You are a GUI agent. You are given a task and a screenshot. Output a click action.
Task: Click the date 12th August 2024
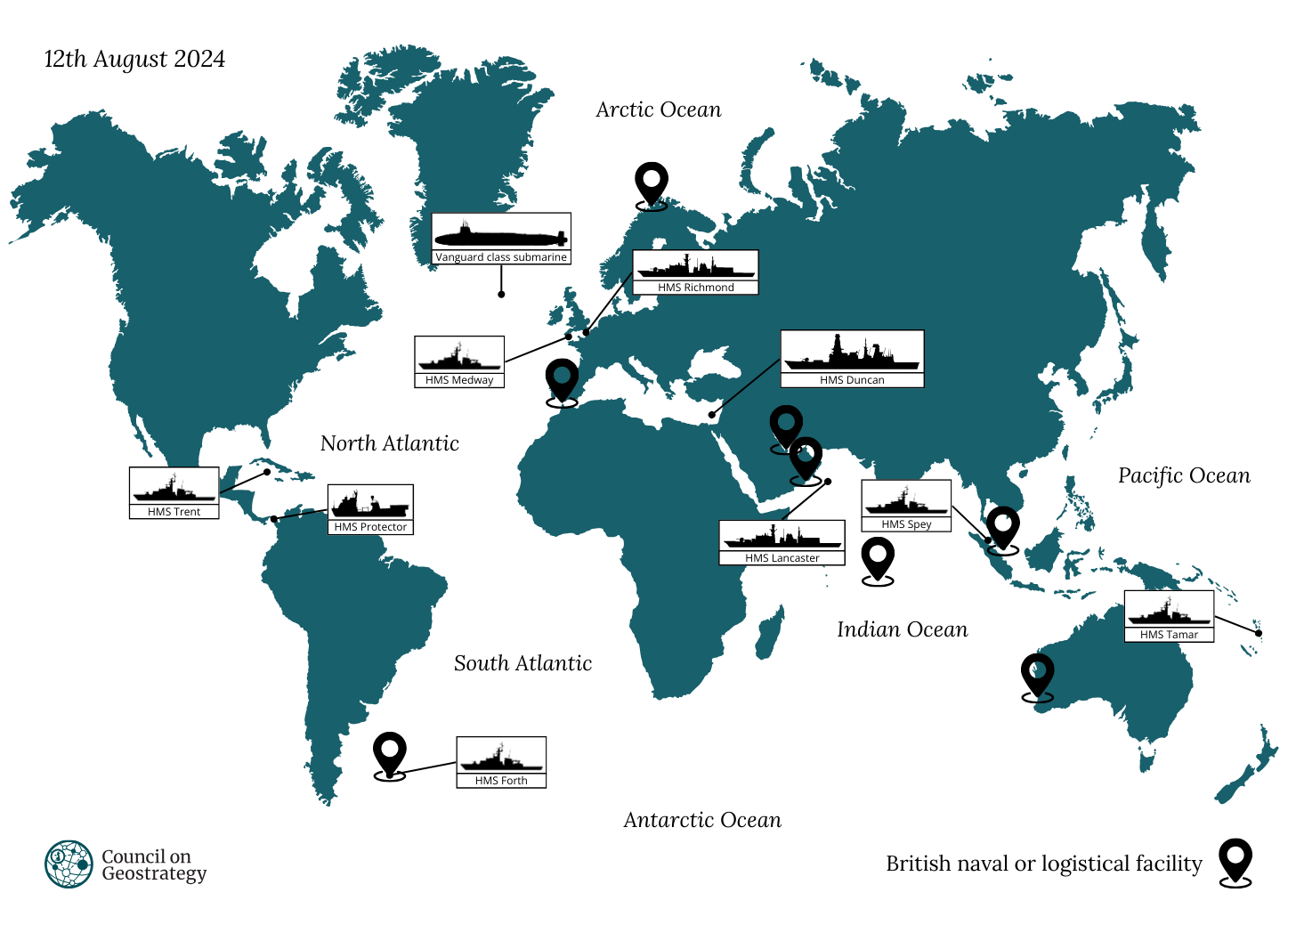134,59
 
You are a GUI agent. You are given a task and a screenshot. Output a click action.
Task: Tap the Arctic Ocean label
658,110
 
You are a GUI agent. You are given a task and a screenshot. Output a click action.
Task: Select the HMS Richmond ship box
695,272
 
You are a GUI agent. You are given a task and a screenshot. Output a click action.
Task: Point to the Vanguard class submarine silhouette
500,235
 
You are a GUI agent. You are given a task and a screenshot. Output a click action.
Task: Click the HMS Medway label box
459,361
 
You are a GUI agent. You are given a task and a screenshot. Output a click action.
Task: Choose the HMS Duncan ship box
852,358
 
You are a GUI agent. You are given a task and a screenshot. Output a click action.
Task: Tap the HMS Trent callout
174,492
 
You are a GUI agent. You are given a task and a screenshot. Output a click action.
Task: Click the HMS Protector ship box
370,509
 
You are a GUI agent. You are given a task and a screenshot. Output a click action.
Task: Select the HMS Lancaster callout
782,542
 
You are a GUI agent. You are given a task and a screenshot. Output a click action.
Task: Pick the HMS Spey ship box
906,506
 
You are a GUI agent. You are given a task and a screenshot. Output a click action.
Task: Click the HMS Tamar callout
1169,616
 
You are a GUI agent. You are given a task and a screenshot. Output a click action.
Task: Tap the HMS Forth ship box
501,762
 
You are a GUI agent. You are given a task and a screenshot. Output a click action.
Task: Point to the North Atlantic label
390,443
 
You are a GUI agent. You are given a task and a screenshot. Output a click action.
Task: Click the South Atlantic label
522,663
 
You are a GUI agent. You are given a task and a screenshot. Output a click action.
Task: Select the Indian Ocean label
902,629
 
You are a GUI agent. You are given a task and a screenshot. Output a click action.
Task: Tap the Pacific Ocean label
1184,475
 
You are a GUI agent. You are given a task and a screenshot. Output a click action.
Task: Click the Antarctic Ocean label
702,820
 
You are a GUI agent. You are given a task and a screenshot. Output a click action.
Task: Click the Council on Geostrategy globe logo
69,864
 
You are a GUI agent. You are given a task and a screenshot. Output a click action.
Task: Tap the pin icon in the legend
1235,862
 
